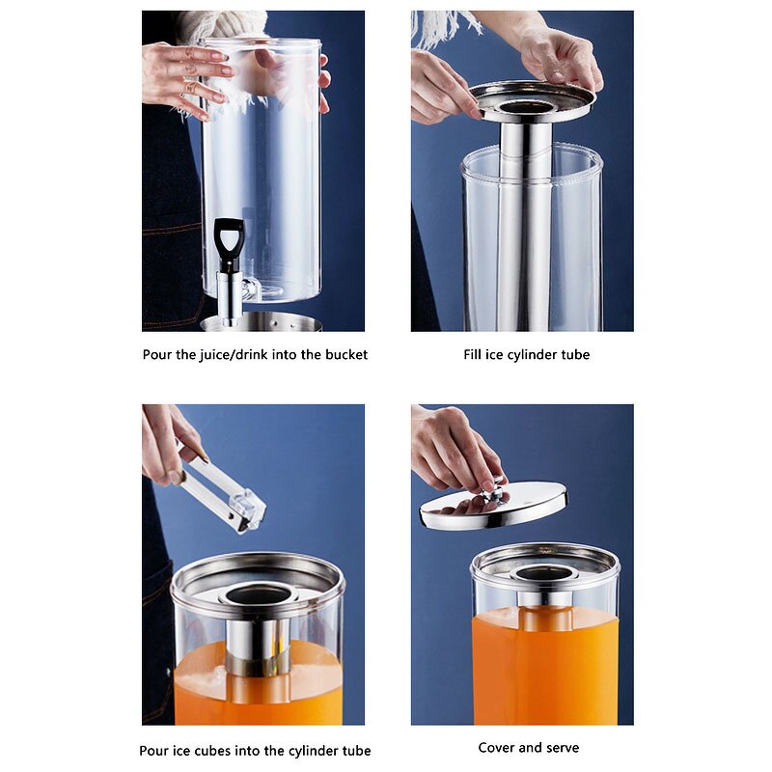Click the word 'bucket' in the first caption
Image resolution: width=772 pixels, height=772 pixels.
(345, 354)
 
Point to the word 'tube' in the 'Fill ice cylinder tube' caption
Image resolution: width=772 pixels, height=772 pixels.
(574, 354)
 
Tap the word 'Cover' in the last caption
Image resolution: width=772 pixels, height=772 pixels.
(498, 747)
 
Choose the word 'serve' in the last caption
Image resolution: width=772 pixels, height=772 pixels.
(562, 747)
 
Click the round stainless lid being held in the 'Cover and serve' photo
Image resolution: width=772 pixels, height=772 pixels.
(494, 508)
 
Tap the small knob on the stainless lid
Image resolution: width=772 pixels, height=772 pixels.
(495, 493)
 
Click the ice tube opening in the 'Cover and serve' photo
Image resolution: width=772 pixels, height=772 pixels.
(545, 573)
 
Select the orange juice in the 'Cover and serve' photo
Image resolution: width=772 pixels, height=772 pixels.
(544, 666)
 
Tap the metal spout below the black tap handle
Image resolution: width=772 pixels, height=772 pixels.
(228, 294)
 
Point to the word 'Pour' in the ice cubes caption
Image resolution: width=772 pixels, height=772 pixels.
(156, 750)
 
